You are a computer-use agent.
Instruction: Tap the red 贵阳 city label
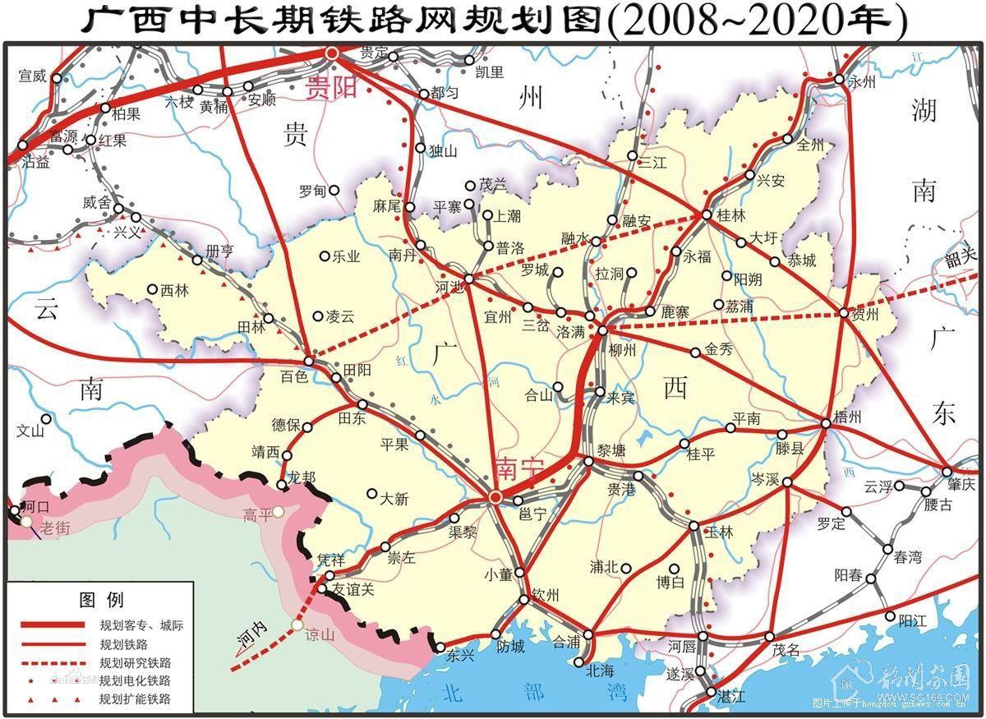pos(330,88)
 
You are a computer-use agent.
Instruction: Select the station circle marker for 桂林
pos(705,214)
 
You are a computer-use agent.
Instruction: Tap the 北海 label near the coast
pos(601,670)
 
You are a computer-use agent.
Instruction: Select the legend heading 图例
pos(101,598)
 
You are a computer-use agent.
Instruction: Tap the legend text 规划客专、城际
pos(141,625)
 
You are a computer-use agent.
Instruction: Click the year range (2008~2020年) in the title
pos(756,21)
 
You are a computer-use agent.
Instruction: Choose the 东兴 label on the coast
pos(462,656)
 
